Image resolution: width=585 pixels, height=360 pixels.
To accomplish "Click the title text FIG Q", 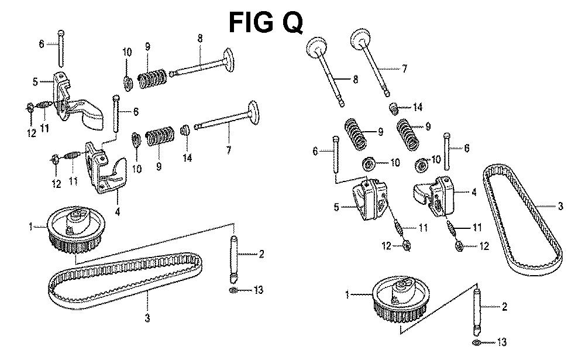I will (266, 22).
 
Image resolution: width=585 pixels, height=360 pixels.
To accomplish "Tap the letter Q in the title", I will (291, 22).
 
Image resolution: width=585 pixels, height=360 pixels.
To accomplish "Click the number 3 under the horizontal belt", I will (147, 318).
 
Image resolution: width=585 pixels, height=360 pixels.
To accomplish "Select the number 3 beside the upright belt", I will (560, 206).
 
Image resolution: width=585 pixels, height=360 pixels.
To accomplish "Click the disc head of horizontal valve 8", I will (226, 59).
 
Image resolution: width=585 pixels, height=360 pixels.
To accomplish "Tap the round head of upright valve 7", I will (362, 42).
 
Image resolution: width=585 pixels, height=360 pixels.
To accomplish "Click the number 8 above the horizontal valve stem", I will (200, 39).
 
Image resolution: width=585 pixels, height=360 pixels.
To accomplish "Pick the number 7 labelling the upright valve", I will (404, 68).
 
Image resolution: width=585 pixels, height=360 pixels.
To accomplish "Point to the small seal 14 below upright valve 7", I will (397, 108).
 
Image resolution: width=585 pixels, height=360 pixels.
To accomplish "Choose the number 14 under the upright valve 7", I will (417, 108).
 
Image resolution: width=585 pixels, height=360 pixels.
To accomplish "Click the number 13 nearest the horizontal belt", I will (258, 290).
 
